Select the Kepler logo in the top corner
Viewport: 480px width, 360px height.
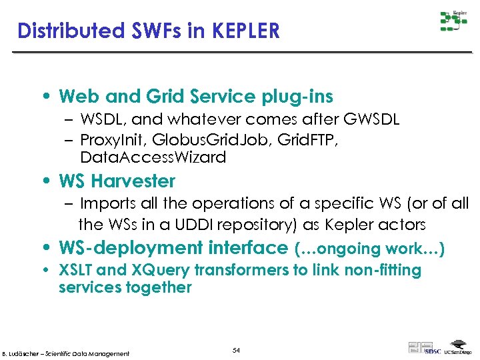pos(453,21)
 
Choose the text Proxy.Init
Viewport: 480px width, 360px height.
pos(112,139)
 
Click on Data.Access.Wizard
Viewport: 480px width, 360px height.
pos(153,157)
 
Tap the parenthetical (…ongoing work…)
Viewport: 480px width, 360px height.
pos(369,249)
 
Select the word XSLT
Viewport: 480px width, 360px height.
pos(76,270)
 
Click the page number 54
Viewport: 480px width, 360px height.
pos(236,351)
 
